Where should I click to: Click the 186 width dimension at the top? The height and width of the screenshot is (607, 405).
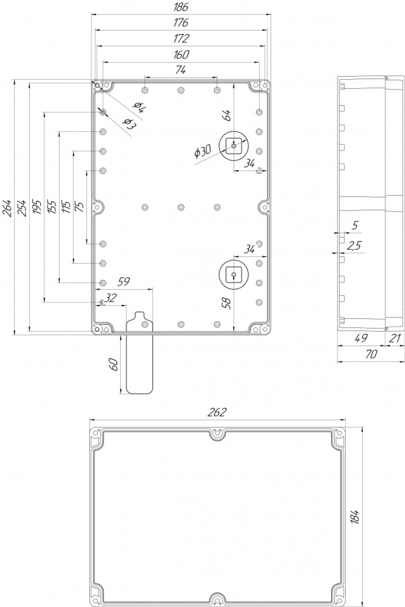point(181,7)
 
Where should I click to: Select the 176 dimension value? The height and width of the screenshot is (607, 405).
point(181,23)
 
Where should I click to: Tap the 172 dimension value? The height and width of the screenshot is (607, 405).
point(181,39)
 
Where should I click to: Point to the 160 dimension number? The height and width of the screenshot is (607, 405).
point(181,55)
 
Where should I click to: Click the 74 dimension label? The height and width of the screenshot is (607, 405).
point(181,70)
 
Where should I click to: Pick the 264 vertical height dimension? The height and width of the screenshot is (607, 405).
point(7,208)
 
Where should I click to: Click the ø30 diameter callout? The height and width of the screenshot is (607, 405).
point(202,152)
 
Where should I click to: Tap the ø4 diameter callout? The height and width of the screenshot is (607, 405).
point(140,107)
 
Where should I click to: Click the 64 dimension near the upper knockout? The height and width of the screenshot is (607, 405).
point(226,116)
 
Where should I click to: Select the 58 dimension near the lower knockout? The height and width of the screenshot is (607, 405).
point(226,303)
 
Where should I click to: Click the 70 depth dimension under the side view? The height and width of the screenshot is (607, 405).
point(371,354)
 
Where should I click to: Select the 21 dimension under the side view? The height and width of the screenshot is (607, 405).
point(395,338)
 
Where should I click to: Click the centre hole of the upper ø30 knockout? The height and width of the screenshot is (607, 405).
point(234,146)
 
